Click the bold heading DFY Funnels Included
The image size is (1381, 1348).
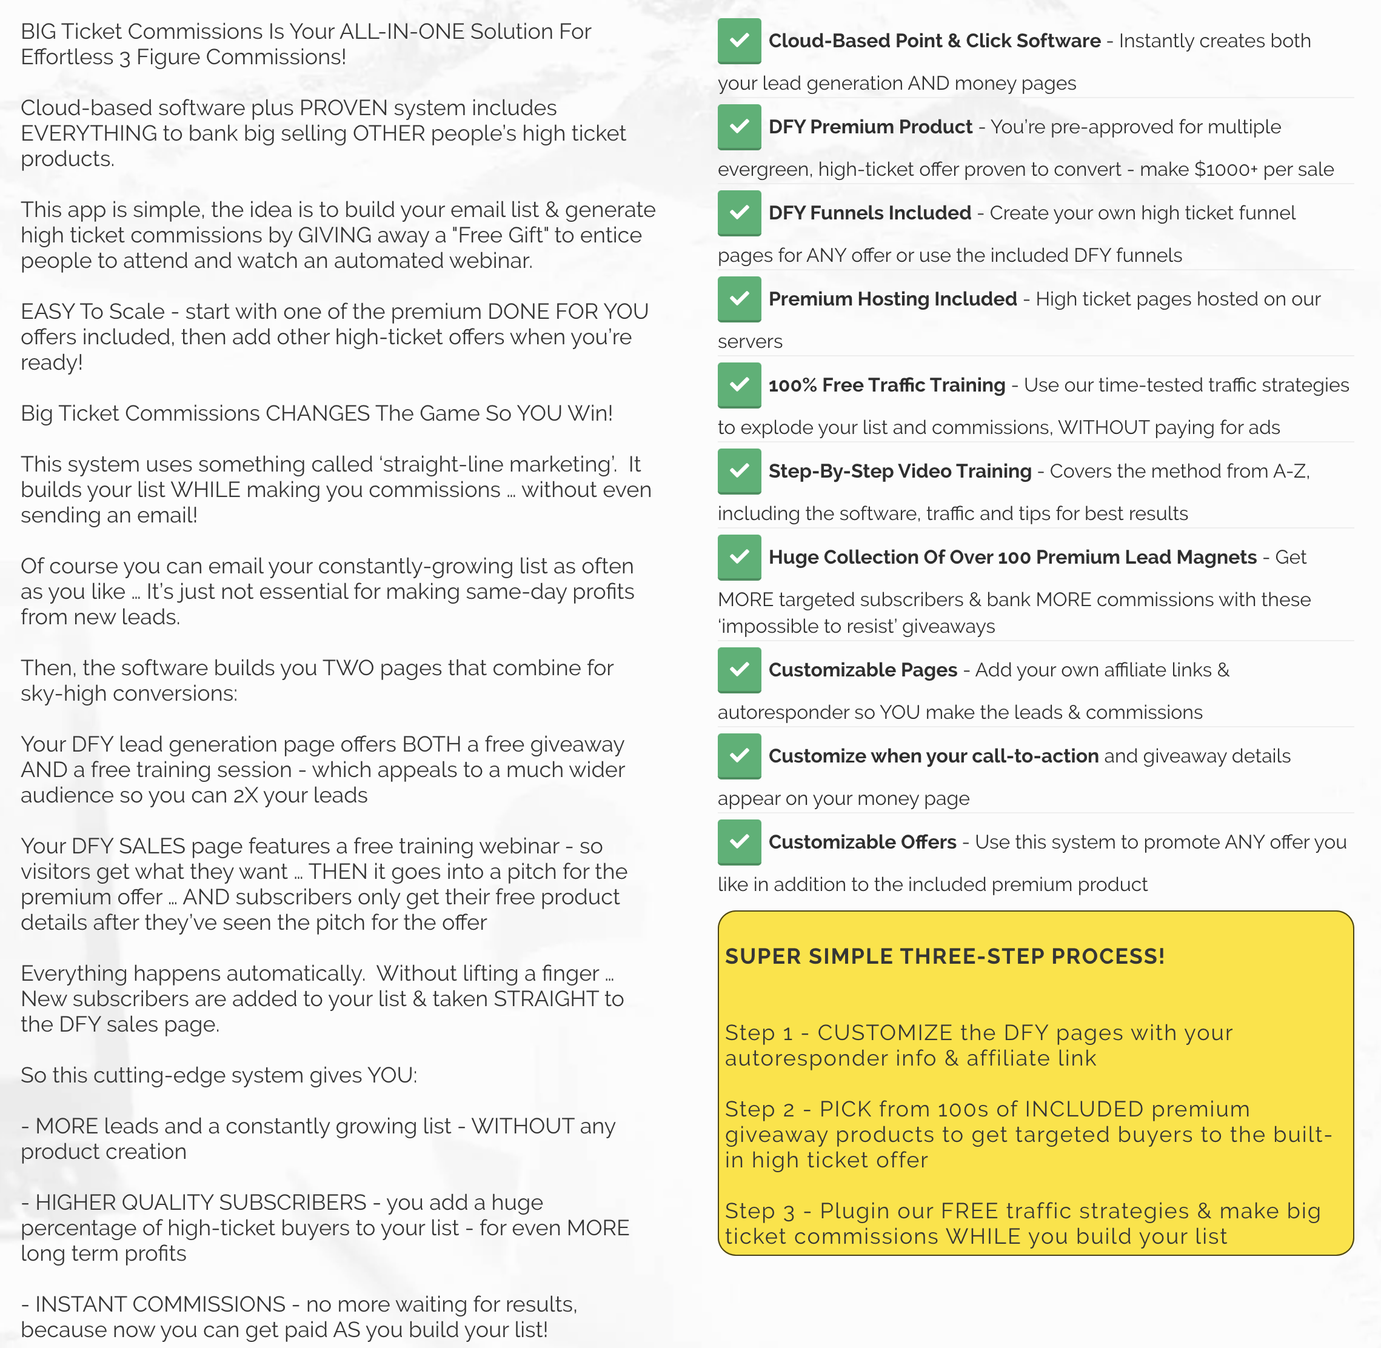(x=870, y=213)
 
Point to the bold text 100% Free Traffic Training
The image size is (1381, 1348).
(x=887, y=385)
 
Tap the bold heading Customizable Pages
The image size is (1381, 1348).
(x=863, y=670)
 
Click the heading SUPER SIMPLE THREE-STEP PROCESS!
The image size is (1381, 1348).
(x=945, y=956)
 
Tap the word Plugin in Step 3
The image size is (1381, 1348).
(x=854, y=1212)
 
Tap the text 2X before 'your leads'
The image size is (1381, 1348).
(x=246, y=795)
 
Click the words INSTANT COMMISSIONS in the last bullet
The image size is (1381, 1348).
(x=160, y=1304)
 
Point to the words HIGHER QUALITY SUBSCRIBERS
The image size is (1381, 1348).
(x=201, y=1202)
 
